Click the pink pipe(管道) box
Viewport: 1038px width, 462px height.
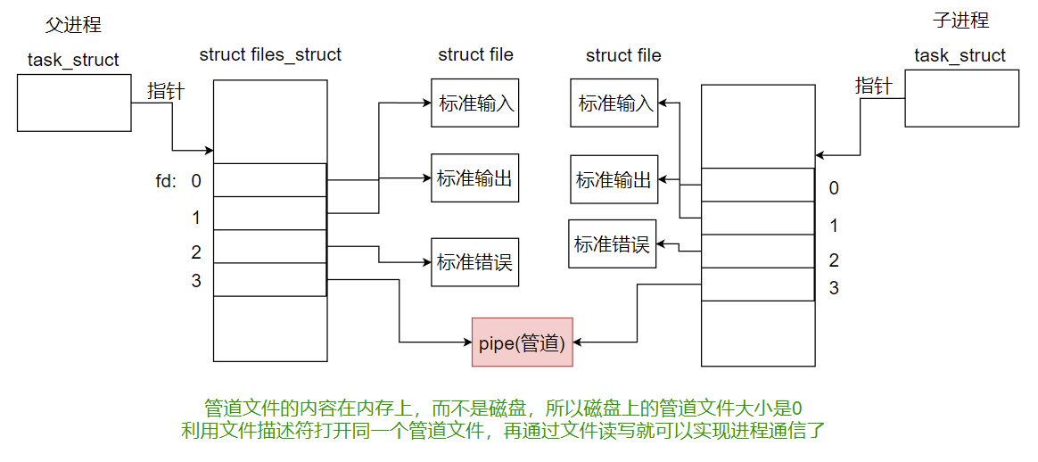[x=522, y=342]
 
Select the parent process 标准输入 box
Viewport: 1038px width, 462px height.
[x=474, y=103]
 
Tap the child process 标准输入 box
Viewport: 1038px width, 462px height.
[x=614, y=103]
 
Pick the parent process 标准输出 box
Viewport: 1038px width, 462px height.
[x=474, y=178]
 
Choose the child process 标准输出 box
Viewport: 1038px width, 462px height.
[x=614, y=179]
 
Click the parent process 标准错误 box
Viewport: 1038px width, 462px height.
[x=474, y=261]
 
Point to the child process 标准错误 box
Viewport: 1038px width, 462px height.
[x=612, y=243]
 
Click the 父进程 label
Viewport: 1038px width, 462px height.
[x=73, y=25]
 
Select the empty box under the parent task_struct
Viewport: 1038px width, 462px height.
[x=74, y=103]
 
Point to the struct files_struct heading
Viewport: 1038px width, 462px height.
[x=270, y=54]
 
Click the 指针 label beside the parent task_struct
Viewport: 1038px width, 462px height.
[x=166, y=90]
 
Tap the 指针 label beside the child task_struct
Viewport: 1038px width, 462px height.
[x=874, y=86]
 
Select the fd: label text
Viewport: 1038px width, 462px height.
[x=166, y=181]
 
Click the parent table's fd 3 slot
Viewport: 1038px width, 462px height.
[x=270, y=279]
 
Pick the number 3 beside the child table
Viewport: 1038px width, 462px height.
[x=834, y=288]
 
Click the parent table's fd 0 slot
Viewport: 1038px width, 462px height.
[x=270, y=180]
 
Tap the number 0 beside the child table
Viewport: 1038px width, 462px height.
[x=834, y=188]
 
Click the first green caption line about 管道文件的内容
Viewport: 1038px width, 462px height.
[x=503, y=408]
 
